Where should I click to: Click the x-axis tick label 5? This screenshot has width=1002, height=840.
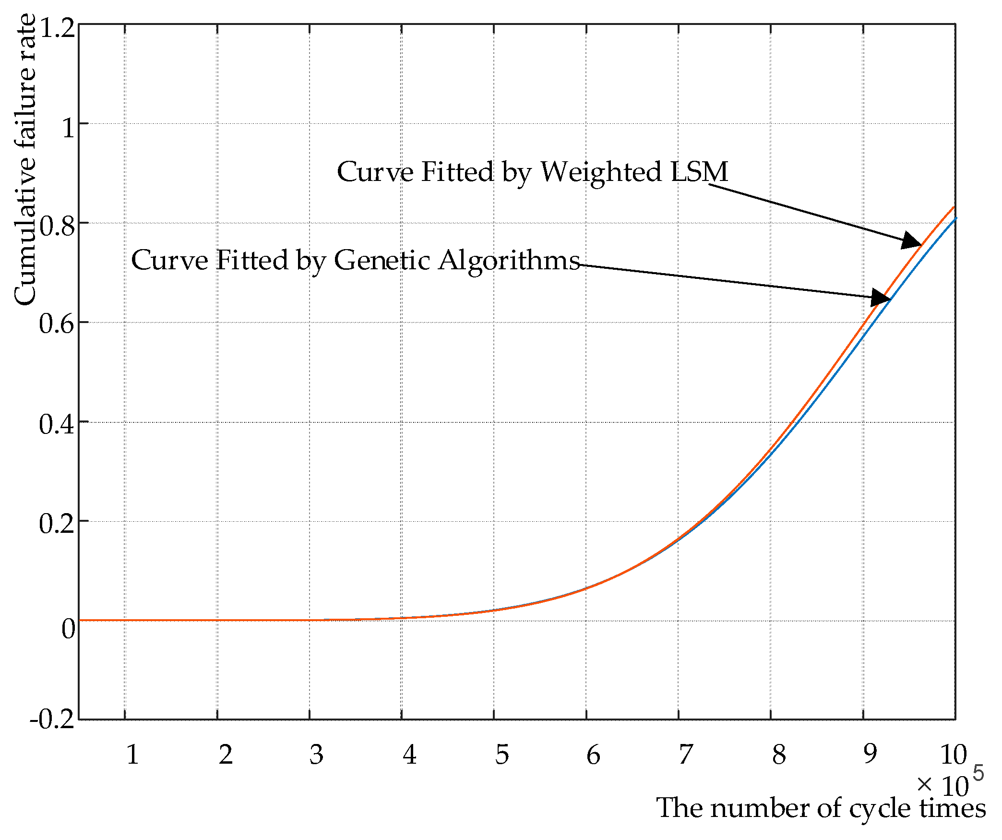click(502, 755)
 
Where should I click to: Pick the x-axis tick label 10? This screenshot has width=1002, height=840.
click(953, 755)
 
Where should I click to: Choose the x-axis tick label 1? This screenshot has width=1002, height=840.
click(132, 755)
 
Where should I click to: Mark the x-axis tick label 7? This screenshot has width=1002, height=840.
click(686, 755)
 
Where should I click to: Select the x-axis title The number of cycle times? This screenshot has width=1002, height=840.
click(821, 808)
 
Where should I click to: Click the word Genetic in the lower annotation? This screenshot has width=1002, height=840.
click(382, 261)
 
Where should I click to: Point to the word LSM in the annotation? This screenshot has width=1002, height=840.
click(699, 171)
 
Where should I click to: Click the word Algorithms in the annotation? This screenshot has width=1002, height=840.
click(509, 261)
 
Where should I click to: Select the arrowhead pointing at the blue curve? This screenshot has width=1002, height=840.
click(881, 298)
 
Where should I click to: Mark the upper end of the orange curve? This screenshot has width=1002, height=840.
click(954, 208)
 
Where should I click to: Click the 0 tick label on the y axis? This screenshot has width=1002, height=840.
click(68, 628)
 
